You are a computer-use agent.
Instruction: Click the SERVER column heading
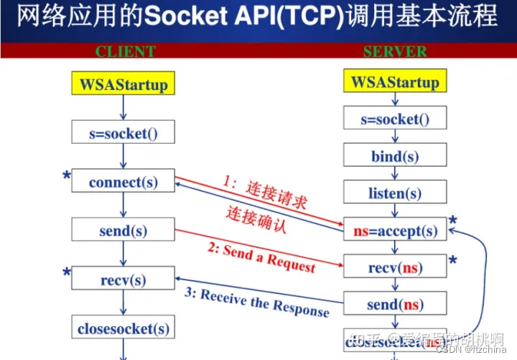click(395, 52)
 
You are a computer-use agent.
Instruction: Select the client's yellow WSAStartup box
click(124, 85)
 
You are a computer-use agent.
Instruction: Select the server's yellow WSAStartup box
click(394, 82)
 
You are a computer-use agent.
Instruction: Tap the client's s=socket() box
click(124, 132)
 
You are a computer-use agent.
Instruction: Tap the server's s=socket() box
click(394, 119)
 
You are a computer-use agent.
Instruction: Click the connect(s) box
click(124, 182)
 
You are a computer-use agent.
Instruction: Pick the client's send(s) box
click(124, 231)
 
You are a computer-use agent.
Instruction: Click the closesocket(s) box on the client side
click(124, 328)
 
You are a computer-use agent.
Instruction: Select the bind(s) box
click(394, 157)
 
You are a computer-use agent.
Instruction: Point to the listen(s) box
click(394, 193)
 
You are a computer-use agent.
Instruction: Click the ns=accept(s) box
click(394, 231)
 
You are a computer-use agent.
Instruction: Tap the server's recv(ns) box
click(394, 268)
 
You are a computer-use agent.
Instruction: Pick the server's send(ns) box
click(394, 305)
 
